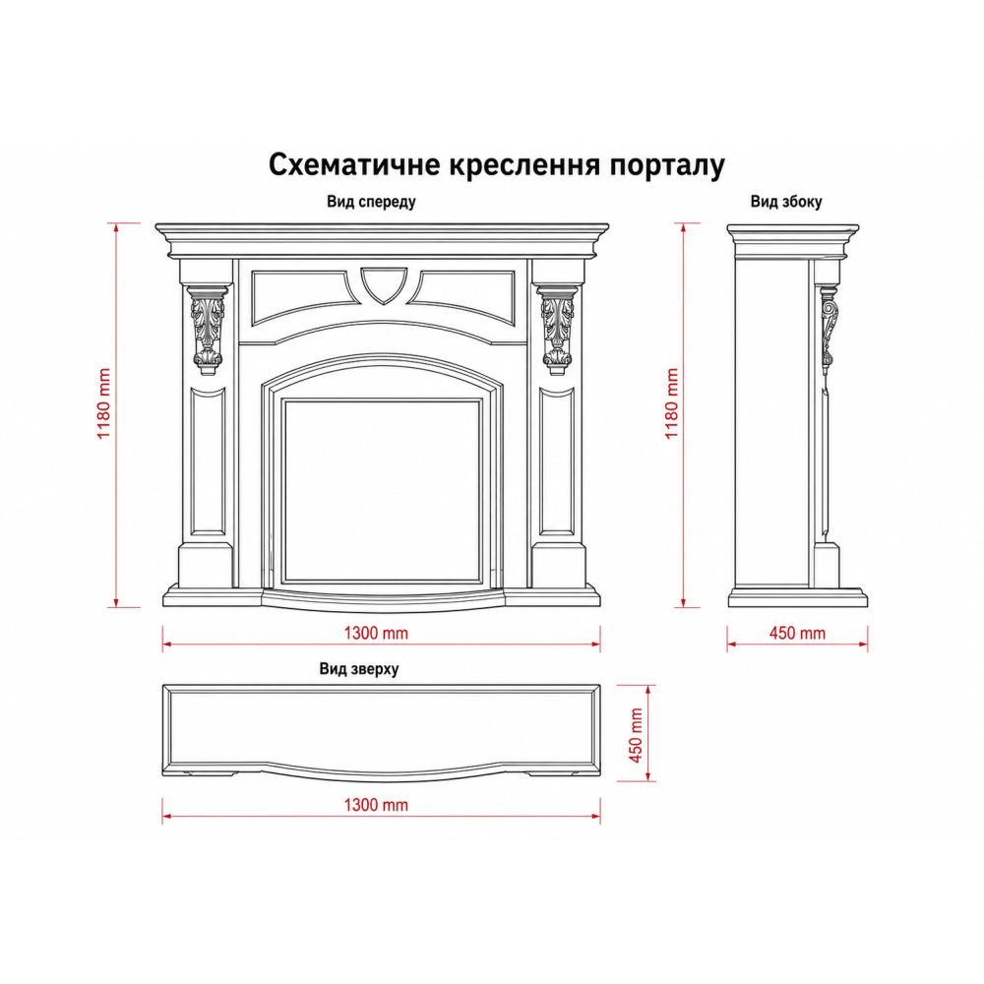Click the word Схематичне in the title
(354, 164)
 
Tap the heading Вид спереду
(371, 202)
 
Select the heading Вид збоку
(785, 202)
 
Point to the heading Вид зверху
(359, 669)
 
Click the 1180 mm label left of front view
(103, 403)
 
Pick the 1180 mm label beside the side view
(672, 403)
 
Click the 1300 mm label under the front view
(376, 633)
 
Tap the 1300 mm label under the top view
(376, 805)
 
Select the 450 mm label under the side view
(797, 633)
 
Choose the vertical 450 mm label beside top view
(636, 735)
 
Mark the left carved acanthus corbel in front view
(207, 330)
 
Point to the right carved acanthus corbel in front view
(558, 330)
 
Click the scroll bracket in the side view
(829, 327)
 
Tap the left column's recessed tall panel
(208, 461)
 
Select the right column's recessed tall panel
(557, 461)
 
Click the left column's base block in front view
(206, 566)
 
